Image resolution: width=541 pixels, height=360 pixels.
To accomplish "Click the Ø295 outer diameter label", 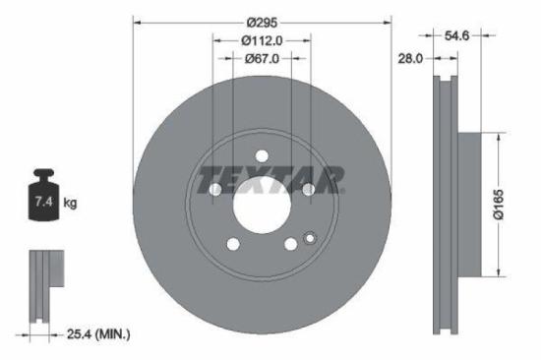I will [261, 21].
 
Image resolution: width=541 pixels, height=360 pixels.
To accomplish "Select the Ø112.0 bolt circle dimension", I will [262, 40].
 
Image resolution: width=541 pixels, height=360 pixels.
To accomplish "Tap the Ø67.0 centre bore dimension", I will [262, 59].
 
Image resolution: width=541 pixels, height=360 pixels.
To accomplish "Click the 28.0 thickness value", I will [410, 59].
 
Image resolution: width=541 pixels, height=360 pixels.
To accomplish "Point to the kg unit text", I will [70, 204].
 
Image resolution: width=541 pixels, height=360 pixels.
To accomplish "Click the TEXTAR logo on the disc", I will [270, 180].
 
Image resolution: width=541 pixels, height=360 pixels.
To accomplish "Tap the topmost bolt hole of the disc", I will [262, 154].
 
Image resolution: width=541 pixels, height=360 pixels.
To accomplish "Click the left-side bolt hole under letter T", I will [215, 189].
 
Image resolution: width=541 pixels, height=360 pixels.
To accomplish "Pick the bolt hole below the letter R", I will [308, 189].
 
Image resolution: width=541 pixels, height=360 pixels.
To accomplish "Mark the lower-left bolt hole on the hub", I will [233, 244].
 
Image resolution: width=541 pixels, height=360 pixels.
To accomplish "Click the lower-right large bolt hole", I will [290, 244].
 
